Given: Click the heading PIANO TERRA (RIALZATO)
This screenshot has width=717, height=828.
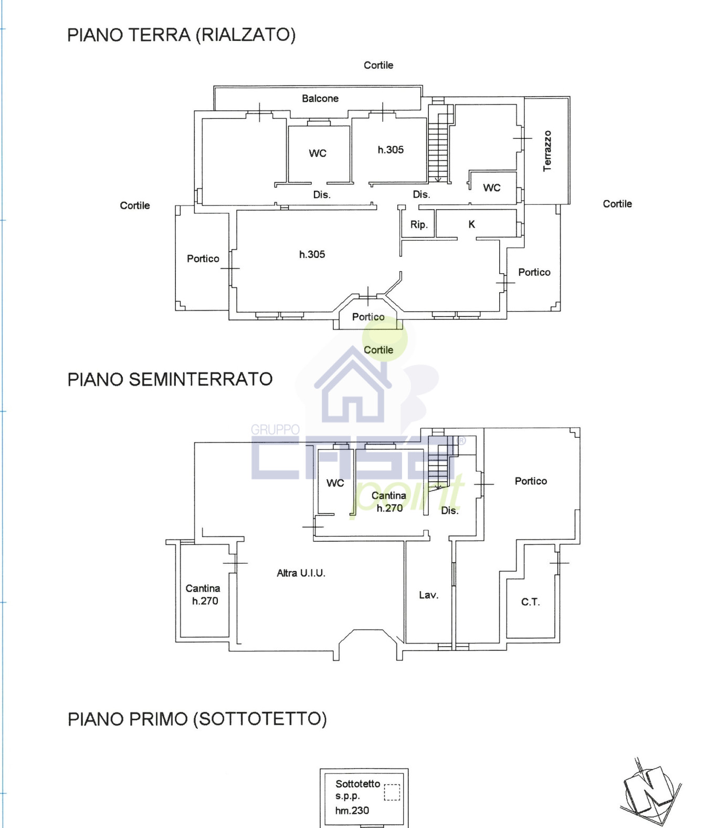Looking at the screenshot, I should [181, 35].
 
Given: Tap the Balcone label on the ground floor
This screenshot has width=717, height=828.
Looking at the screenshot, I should [320, 99].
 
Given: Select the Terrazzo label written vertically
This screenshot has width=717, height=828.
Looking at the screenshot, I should [547, 151].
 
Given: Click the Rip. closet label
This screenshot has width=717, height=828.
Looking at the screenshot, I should [419, 225].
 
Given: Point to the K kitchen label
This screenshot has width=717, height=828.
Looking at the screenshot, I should [471, 224].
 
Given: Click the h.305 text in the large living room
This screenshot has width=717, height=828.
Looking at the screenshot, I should [312, 255].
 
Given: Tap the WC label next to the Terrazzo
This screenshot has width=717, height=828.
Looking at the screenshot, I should [491, 188].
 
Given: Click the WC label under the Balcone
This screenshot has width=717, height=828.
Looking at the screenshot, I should [318, 153].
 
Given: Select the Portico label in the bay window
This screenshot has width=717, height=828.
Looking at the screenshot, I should [368, 317].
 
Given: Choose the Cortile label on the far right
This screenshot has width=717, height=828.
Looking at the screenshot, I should [617, 204].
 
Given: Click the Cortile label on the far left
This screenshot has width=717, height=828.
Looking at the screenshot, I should [135, 205].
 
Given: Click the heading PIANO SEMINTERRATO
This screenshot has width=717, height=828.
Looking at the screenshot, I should [170, 379].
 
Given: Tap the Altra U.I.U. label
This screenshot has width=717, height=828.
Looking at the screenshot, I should [301, 573].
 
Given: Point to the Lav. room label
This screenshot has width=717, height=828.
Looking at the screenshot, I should [428, 595].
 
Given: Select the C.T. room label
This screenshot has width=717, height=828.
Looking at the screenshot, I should [530, 602].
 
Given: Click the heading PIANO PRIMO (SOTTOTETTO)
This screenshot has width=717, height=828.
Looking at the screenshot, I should [197, 719].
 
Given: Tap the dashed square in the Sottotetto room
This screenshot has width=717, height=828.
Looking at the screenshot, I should [392, 792].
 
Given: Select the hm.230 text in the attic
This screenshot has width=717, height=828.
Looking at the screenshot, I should [352, 811].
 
